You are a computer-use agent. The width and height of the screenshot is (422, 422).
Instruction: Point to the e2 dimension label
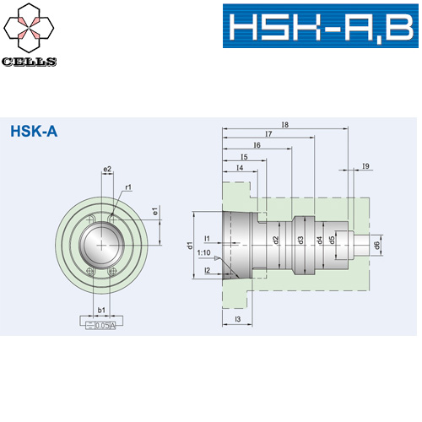[107, 170]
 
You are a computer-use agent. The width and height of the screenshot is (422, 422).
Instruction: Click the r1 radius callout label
[127, 187]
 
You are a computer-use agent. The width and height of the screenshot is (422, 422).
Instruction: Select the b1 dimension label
[101, 310]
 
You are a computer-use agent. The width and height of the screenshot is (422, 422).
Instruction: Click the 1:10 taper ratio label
[203, 252]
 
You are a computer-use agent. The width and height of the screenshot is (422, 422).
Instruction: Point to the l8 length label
[284, 125]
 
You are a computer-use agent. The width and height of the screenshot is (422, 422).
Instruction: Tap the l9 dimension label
[365, 166]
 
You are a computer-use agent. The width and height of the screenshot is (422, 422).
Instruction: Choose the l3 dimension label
[239, 319]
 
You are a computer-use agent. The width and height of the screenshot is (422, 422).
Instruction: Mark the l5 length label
[244, 157]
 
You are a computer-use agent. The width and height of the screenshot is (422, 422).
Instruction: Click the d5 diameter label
[333, 240]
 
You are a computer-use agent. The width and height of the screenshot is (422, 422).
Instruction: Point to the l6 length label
[256, 146]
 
